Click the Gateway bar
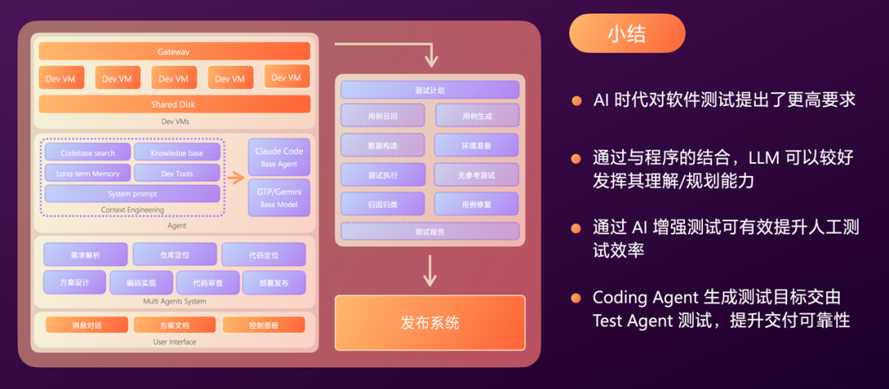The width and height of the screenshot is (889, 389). (x=174, y=52)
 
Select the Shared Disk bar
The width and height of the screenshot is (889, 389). (x=174, y=104)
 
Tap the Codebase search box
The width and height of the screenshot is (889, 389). (x=86, y=152)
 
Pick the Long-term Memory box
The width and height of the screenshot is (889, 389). (x=86, y=173)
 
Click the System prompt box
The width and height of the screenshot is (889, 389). (x=132, y=194)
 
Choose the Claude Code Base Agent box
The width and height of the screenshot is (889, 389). (x=279, y=157)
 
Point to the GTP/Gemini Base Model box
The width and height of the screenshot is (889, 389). (x=279, y=197)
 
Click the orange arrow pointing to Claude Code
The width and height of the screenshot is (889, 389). (x=235, y=177)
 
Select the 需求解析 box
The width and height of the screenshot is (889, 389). (x=86, y=255)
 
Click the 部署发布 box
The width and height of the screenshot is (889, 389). (x=273, y=283)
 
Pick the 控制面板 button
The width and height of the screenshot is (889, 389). (x=263, y=325)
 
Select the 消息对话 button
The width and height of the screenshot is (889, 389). (x=86, y=325)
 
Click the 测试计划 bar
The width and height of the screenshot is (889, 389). (x=430, y=90)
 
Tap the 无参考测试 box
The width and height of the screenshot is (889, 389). (x=477, y=174)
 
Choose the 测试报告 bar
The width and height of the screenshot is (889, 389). (x=430, y=232)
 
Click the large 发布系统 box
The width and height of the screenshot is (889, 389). (x=430, y=322)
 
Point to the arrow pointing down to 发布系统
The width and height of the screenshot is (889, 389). (x=429, y=271)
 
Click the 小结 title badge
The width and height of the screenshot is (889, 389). (x=626, y=34)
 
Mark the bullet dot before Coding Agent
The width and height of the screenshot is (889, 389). (x=577, y=297)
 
